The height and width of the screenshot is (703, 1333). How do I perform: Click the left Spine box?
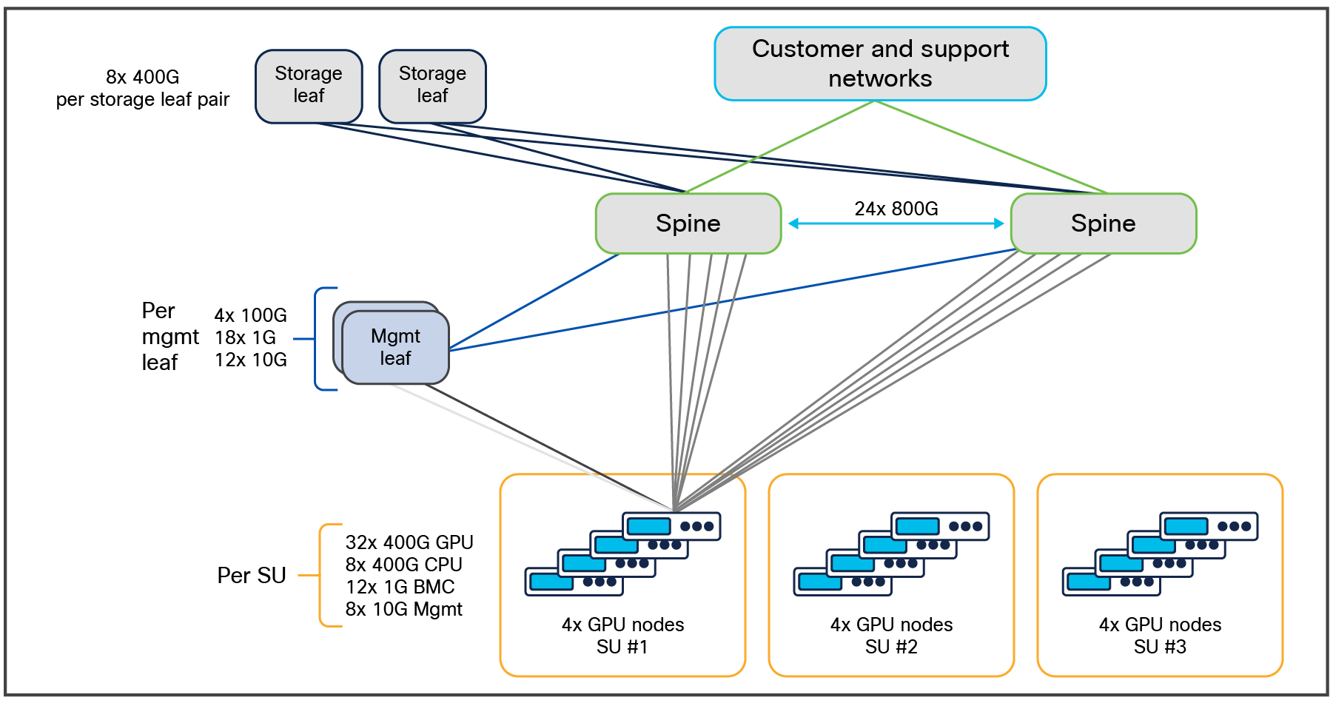pos(688,223)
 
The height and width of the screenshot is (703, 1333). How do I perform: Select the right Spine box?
pos(1103,223)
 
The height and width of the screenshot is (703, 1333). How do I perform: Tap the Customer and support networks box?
pos(880,64)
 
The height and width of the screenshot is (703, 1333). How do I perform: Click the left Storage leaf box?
pos(309,85)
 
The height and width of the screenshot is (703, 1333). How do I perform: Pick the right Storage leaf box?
pos(432,85)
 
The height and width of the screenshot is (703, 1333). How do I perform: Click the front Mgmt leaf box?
pos(395,347)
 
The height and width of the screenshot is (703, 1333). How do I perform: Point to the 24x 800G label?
pos(896,209)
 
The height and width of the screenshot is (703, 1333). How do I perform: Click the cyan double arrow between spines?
pos(896,223)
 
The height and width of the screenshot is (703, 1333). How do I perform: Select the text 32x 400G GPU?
pos(409,542)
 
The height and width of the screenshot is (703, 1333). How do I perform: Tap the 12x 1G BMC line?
pos(400,587)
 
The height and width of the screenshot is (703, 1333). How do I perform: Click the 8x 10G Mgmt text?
pos(403,609)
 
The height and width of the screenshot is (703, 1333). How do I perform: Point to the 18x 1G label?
pos(245,337)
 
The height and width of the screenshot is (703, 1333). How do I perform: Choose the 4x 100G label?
pos(250,315)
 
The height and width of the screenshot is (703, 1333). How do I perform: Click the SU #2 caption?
pos(891,647)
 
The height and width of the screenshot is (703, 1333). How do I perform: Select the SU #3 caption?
pos(1160,647)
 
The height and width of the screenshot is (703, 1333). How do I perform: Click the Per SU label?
pos(251,575)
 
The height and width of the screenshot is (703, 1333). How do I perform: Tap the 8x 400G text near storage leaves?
pos(142,77)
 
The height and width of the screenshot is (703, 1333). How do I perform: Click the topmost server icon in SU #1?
pos(671,526)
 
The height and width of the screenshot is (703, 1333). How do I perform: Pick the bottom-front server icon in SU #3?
pos(1111,582)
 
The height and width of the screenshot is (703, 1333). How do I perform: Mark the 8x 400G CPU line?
pos(403,565)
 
